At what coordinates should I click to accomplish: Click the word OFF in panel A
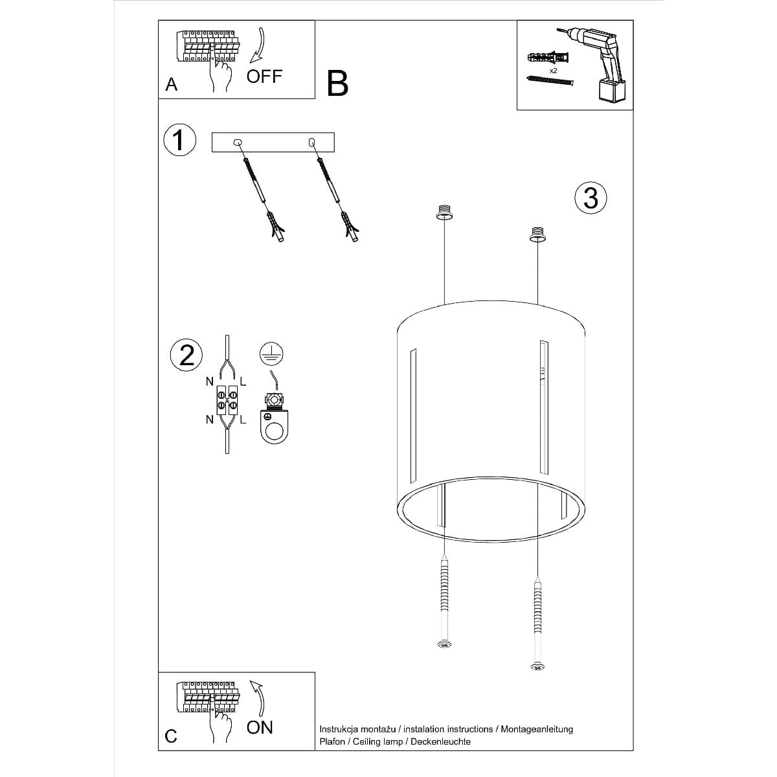click(x=264, y=76)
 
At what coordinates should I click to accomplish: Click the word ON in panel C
click(x=260, y=727)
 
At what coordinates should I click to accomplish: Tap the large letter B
click(x=337, y=84)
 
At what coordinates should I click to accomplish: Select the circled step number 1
click(x=179, y=140)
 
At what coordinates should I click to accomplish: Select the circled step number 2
click(x=186, y=355)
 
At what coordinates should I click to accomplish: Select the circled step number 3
click(x=591, y=197)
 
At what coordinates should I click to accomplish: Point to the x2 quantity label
click(x=554, y=70)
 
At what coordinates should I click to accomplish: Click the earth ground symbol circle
click(x=272, y=354)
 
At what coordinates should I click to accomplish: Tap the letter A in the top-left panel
click(x=172, y=85)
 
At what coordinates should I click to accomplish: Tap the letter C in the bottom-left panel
click(x=171, y=736)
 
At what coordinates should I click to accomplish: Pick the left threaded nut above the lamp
click(x=444, y=212)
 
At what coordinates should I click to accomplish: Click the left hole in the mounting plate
click(x=238, y=142)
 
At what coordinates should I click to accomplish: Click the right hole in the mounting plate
click(x=312, y=141)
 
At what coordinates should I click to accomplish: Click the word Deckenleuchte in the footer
click(x=444, y=741)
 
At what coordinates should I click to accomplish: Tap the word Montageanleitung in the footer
click(x=536, y=729)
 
